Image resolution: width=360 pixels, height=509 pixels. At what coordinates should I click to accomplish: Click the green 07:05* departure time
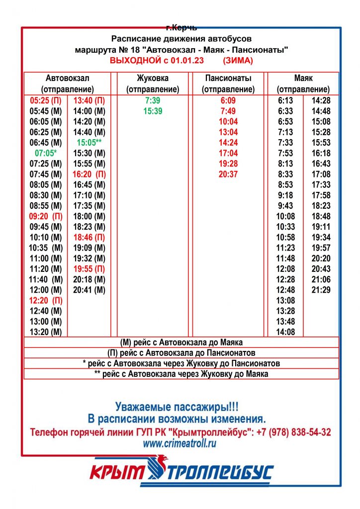[x=46, y=153]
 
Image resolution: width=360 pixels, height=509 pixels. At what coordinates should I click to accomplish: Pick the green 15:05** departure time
[x=90, y=143]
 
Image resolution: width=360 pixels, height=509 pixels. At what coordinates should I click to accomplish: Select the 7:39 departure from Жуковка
[x=153, y=101]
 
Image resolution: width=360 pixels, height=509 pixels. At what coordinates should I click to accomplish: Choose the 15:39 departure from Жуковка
[x=153, y=111]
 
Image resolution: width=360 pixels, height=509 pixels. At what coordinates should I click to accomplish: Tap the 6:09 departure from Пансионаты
[x=228, y=101]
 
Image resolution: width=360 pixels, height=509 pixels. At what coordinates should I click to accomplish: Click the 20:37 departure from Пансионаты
[x=228, y=174]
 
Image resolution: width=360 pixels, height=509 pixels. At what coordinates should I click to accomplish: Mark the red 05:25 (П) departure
[x=46, y=101]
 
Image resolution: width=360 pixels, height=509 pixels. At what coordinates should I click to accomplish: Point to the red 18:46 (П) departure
[x=90, y=237]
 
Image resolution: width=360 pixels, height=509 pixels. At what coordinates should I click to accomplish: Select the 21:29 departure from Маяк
[x=321, y=290]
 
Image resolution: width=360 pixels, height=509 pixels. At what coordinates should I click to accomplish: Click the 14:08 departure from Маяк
[x=285, y=332]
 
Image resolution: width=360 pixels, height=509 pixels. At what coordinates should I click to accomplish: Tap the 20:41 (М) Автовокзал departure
[x=90, y=290]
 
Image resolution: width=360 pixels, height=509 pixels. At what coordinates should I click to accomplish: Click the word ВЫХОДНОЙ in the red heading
[x=133, y=61]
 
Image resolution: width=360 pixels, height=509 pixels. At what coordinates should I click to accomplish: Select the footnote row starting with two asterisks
[x=181, y=374]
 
